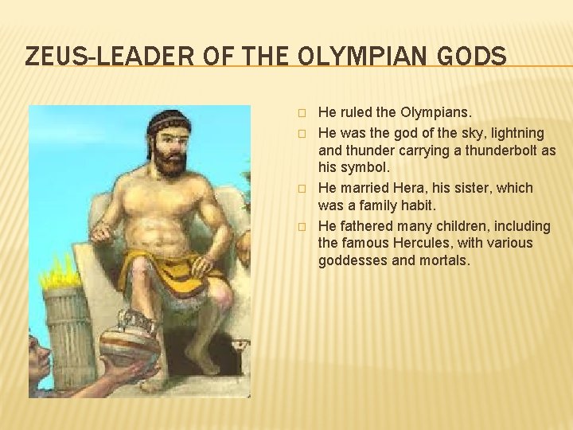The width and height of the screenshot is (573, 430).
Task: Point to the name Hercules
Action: pos(426,243)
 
